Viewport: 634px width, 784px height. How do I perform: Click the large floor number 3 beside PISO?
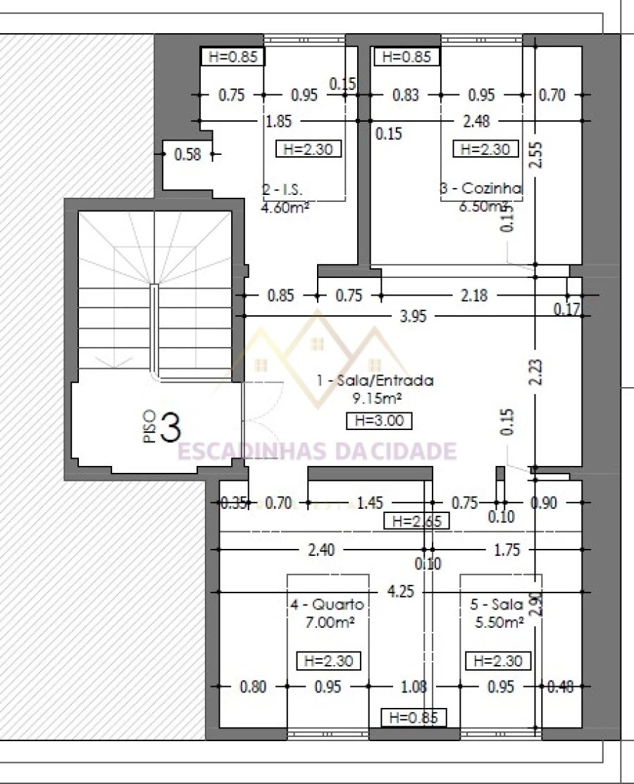tap(170, 427)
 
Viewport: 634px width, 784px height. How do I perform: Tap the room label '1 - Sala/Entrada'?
tap(375, 381)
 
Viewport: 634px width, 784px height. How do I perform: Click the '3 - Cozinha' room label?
tap(480, 189)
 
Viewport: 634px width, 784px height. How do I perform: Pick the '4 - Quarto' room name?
tap(327, 605)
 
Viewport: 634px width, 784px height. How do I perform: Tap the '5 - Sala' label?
tap(496, 605)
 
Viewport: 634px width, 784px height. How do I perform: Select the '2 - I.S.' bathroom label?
tap(282, 189)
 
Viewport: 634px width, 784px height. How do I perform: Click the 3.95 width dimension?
tap(413, 316)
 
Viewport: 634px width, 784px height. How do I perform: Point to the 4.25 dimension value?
tap(401, 592)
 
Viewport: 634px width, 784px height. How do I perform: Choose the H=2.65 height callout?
tap(415, 521)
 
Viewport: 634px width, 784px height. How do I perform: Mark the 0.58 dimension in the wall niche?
tap(187, 154)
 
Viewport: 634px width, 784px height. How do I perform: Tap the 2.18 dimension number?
tap(473, 296)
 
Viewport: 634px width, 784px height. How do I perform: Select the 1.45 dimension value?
tap(370, 502)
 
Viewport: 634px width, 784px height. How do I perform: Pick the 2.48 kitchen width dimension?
tap(476, 121)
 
